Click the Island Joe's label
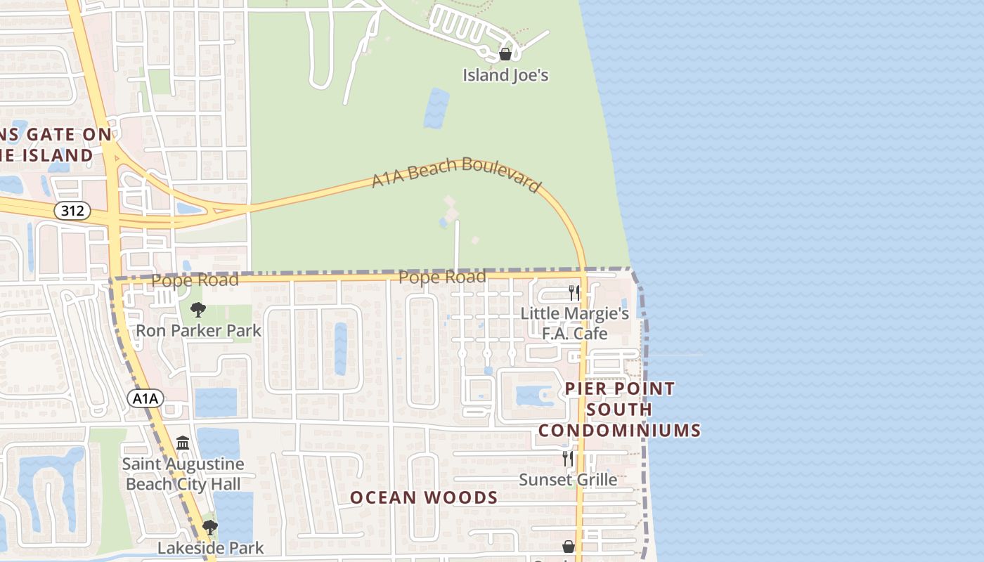click(x=505, y=74)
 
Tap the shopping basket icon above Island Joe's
click(x=505, y=54)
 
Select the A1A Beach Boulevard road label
click(x=457, y=174)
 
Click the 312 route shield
click(x=72, y=210)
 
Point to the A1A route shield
click(x=145, y=398)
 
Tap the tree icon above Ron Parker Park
click(x=198, y=309)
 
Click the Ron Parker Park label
click(x=198, y=330)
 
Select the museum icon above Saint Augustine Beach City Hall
click(x=183, y=443)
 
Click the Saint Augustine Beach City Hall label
click(x=183, y=473)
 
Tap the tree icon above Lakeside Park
click(x=209, y=527)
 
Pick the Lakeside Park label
click(x=211, y=547)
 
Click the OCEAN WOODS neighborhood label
click(x=424, y=497)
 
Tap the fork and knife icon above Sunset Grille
click(x=568, y=459)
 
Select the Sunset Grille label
click(x=568, y=480)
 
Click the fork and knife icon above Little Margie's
click(x=574, y=292)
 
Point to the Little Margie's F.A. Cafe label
click(x=574, y=322)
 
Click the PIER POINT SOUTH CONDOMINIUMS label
click(x=620, y=409)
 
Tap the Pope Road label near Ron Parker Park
click(x=195, y=280)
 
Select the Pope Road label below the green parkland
click(x=442, y=277)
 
